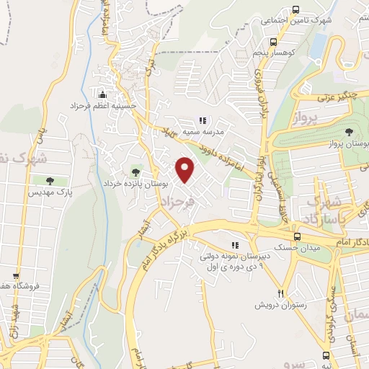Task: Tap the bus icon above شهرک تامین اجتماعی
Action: point(296,9)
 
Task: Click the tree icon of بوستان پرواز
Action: point(350,131)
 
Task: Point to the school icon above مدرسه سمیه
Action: point(203,121)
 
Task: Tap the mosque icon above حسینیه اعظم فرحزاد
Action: point(102,94)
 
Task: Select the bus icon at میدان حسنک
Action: point(296,236)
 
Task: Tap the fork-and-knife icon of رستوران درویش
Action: point(282,293)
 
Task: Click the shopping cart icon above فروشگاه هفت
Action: point(17,275)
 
